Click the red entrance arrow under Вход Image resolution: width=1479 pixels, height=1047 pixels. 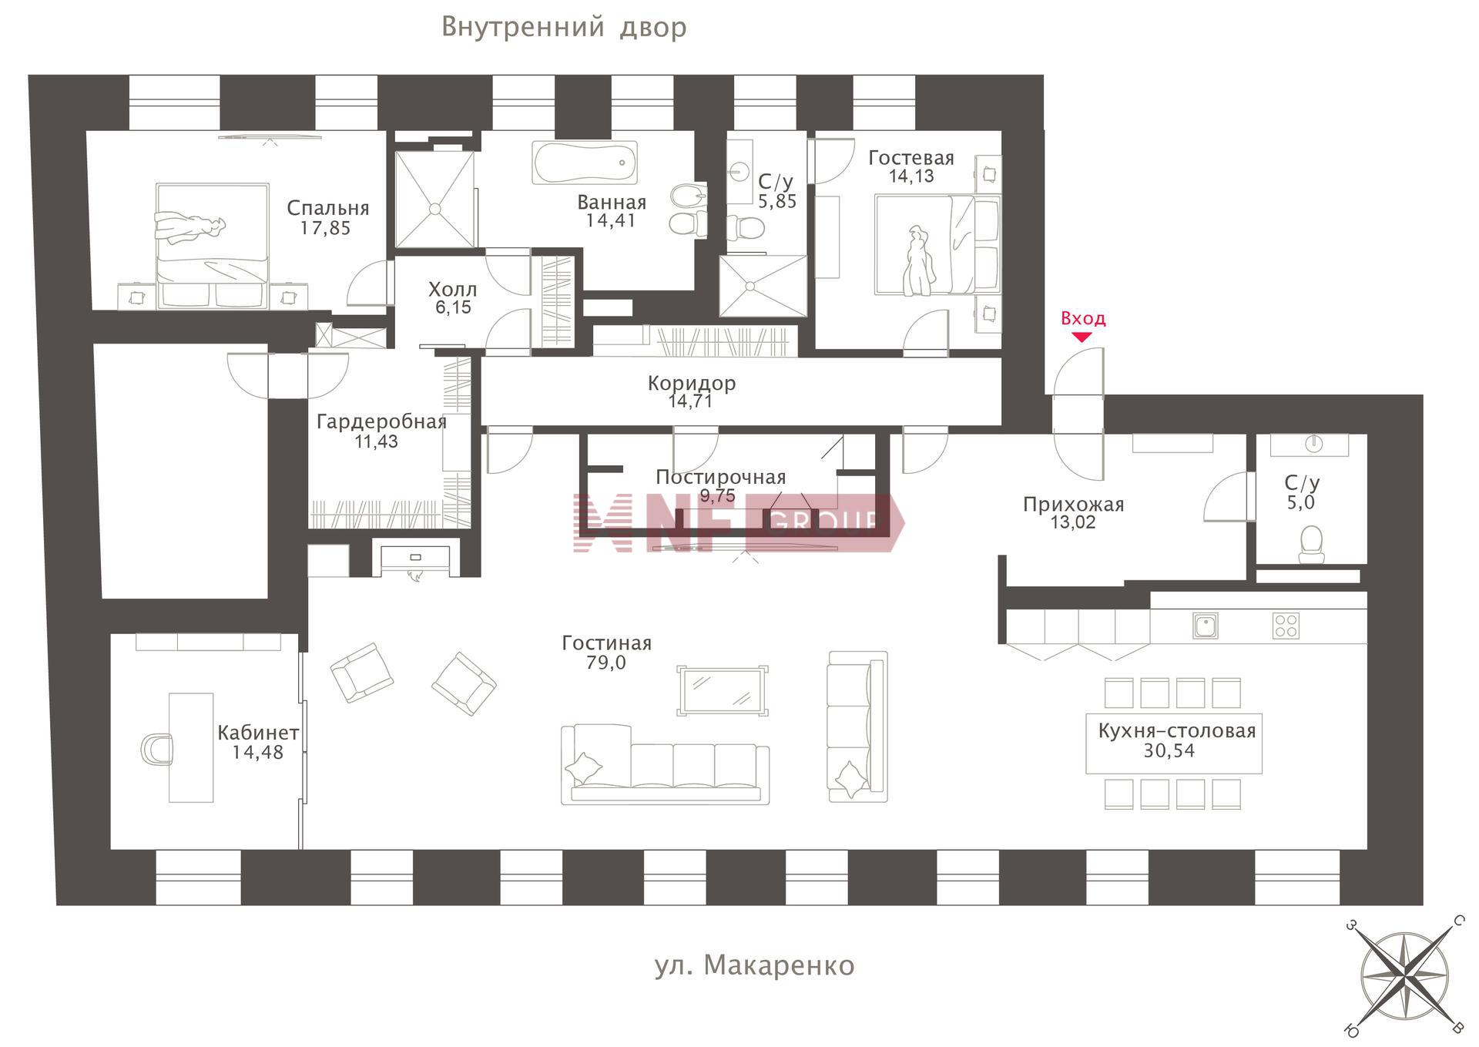coord(1082,337)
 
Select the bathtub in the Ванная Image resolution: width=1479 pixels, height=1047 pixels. coord(585,163)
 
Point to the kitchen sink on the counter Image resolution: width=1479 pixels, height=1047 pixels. coord(1205,626)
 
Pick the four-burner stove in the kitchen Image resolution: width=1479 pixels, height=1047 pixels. coord(1286,626)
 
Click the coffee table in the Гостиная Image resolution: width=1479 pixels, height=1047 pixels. coord(722,690)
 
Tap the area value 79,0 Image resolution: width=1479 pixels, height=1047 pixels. coord(606,663)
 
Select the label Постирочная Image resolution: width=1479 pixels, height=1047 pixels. coord(720,477)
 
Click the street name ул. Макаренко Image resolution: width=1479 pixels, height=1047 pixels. coord(754,965)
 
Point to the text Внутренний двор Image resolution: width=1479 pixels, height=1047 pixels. coord(564,28)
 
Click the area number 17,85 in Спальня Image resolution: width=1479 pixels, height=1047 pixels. coord(326,228)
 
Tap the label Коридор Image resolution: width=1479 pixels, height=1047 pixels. coord(692,383)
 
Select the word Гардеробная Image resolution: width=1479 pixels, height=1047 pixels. coord(381,422)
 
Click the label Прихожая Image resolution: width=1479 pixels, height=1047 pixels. coord(1073,505)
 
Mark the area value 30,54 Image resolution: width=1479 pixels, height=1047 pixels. coord(1169,750)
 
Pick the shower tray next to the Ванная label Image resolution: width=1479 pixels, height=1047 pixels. coord(435,200)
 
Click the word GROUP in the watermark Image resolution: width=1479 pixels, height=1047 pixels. coord(824,523)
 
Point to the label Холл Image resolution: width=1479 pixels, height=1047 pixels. coord(453,290)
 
